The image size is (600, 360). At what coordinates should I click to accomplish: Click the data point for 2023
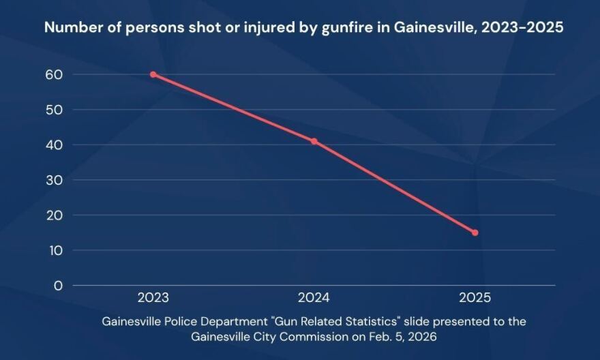click(x=153, y=74)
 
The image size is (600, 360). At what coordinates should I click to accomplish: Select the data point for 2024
click(x=314, y=141)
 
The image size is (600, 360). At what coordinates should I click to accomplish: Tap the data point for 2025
click(x=475, y=232)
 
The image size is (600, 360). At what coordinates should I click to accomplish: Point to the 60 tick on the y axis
click(x=52, y=74)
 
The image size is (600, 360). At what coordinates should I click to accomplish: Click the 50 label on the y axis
click(x=52, y=109)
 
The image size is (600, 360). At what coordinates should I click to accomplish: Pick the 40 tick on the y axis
click(x=52, y=145)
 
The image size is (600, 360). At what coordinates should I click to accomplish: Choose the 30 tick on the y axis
click(x=52, y=180)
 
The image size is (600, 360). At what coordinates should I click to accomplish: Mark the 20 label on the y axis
click(x=52, y=215)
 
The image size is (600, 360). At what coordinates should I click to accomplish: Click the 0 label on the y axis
click(x=57, y=285)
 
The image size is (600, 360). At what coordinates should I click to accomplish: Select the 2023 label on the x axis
click(x=153, y=298)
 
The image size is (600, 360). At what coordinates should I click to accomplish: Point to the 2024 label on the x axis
click(x=314, y=298)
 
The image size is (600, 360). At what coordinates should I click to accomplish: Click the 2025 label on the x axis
click(x=475, y=298)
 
